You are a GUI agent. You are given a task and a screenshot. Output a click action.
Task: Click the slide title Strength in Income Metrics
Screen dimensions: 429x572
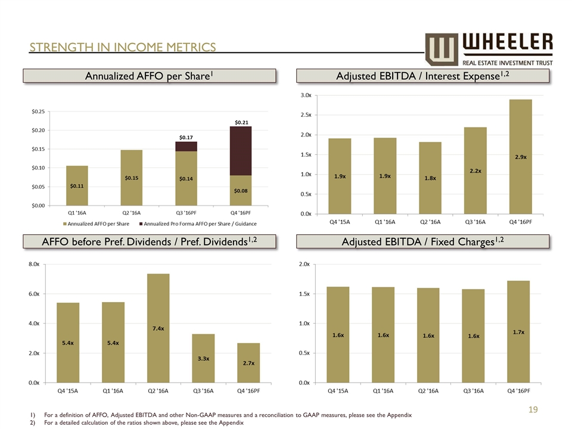pyautogui.click(x=123, y=46)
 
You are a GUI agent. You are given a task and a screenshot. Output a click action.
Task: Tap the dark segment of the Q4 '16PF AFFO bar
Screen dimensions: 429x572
pyautogui.click(x=240, y=151)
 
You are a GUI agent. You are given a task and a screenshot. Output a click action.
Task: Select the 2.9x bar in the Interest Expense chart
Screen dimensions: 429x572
pyautogui.click(x=520, y=156)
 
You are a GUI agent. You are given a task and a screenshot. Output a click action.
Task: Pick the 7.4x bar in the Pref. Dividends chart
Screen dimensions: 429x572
pyautogui.click(x=158, y=328)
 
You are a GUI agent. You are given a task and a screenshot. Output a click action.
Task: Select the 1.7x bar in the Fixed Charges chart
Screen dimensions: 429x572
pyautogui.click(x=518, y=331)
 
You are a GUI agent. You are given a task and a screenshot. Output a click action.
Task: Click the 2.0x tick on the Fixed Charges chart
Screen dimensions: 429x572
pyautogui.click(x=305, y=264)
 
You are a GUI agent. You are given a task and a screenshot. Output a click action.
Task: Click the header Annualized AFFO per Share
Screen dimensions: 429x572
pyautogui.click(x=149, y=76)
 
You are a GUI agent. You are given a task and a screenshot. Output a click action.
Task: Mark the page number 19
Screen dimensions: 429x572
pyautogui.click(x=534, y=409)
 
